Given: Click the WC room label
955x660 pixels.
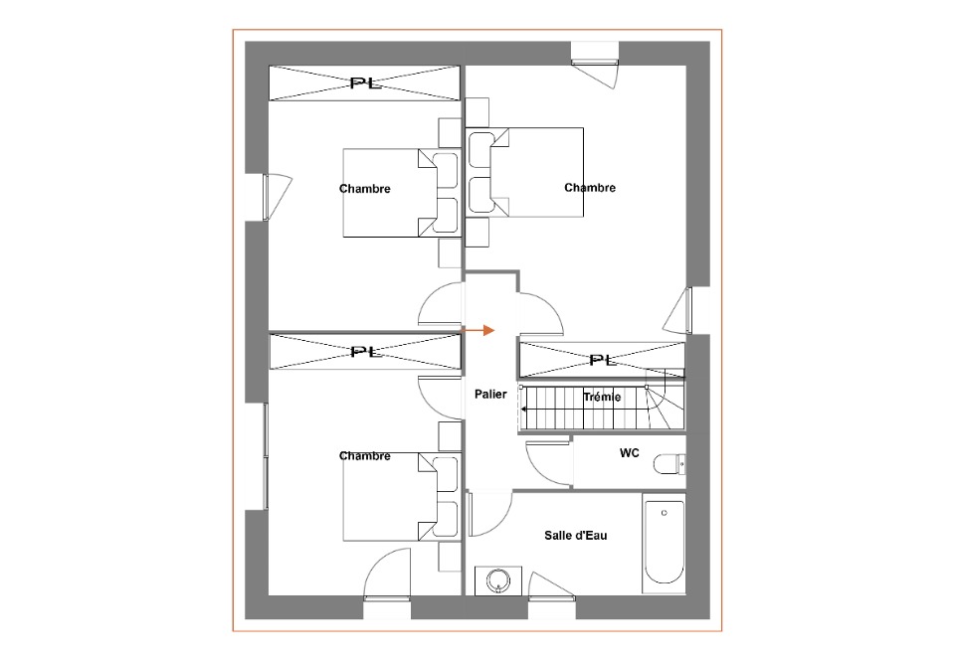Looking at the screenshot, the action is (x=629, y=453).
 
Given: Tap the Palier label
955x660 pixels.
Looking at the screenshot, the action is (x=490, y=395).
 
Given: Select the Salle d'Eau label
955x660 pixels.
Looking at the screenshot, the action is (x=576, y=536).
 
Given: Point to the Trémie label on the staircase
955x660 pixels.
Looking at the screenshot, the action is (x=602, y=398).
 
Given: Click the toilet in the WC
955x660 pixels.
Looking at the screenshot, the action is (x=669, y=465).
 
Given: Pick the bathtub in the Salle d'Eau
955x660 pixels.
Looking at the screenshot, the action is (x=664, y=543).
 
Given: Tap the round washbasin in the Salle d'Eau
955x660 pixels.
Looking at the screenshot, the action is (x=498, y=580).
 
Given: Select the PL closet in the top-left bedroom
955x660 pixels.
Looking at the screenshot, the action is (x=364, y=82).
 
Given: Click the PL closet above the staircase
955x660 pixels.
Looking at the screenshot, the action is (x=602, y=360).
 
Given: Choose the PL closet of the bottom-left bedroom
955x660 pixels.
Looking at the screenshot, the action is (x=364, y=351).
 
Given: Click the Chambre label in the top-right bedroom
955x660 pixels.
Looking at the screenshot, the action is (x=590, y=187).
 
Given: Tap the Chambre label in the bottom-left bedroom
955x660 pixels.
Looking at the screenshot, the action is (x=364, y=455).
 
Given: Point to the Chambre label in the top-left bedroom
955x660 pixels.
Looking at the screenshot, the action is (x=364, y=189).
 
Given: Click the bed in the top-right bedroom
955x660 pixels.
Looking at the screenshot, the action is (x=525, y=172).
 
